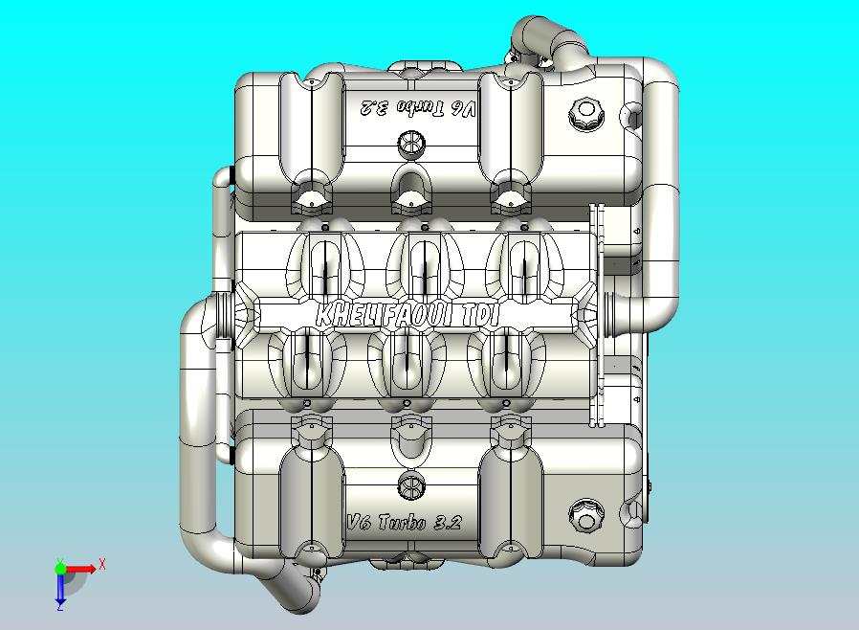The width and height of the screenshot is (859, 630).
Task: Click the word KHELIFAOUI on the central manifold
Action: [385, 314]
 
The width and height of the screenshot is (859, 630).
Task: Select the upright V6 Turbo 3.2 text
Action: [404, 523]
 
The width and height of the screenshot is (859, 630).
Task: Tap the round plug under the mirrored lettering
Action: [409, 144]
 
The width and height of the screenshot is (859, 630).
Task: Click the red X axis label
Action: [101, 564]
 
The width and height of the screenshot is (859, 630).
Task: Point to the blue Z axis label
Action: [59, 605]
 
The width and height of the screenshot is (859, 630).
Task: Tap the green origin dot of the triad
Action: [60, 569]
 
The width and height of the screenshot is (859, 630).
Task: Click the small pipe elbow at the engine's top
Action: [532, 36]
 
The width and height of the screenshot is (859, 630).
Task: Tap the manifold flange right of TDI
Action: [588, 313]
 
